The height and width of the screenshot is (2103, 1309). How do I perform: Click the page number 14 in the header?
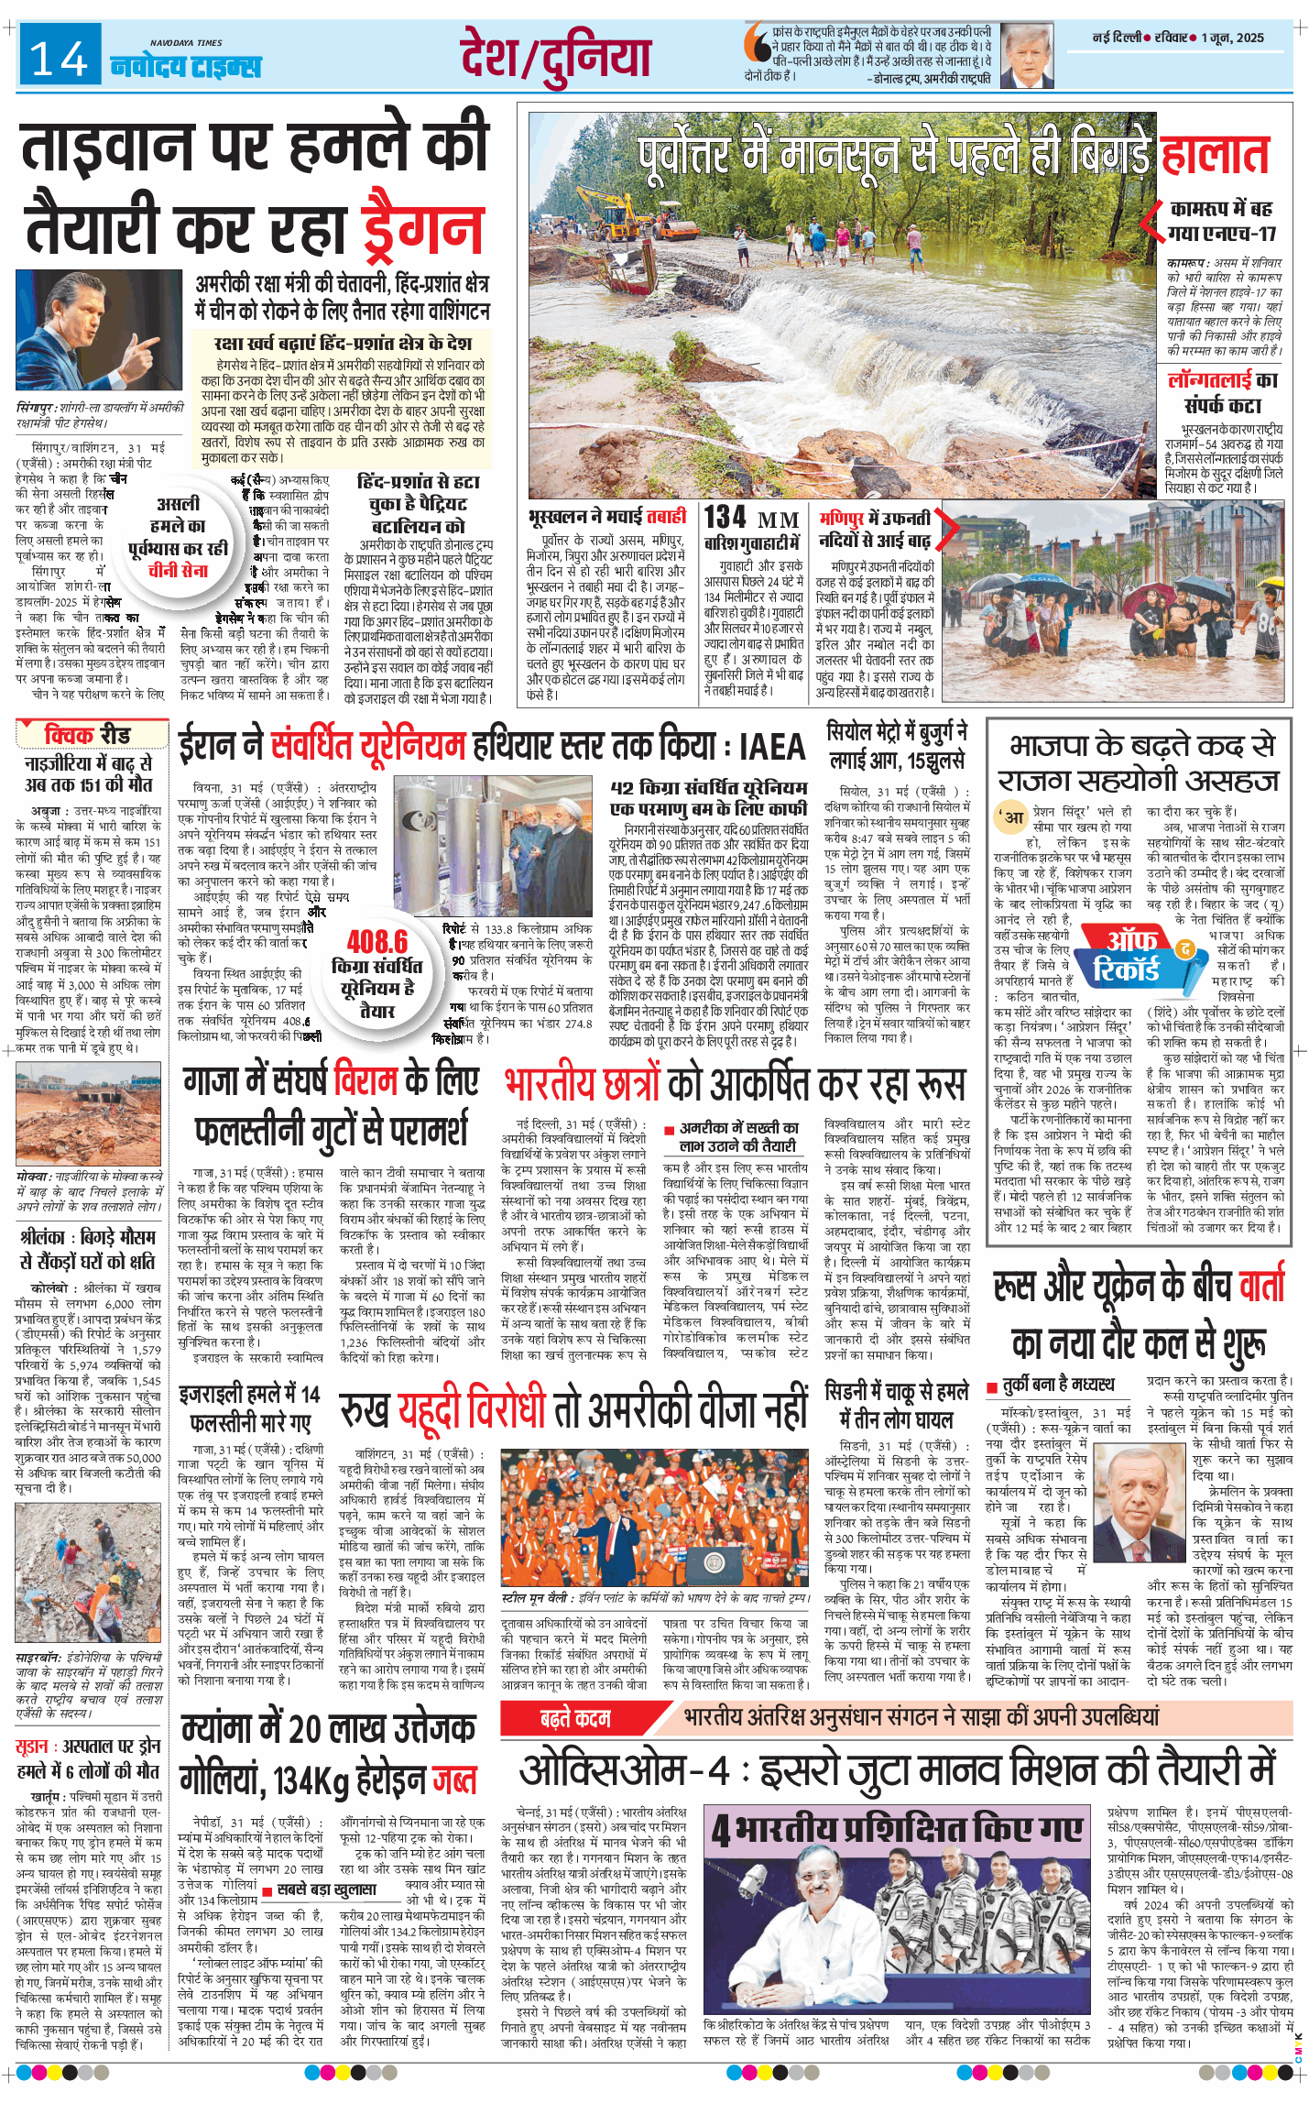[60, 59]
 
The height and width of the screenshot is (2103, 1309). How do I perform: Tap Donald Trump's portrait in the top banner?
[1026, 54]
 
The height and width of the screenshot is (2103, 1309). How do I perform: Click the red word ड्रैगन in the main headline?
[422, 227]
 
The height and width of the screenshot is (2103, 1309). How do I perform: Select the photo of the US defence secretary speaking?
[99, 330]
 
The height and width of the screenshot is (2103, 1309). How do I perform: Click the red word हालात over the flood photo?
[1215, 156]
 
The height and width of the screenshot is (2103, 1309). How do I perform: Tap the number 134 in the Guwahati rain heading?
[725, 517]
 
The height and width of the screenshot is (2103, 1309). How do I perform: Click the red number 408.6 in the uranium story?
[376, 941]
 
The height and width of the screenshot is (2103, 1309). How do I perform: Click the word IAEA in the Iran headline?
[772, 747]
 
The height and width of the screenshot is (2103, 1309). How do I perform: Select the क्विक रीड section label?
[88, 735]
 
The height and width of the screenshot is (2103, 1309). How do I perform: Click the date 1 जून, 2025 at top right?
[1233, 38]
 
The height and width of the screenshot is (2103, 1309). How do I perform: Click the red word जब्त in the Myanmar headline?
[454, 1780]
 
